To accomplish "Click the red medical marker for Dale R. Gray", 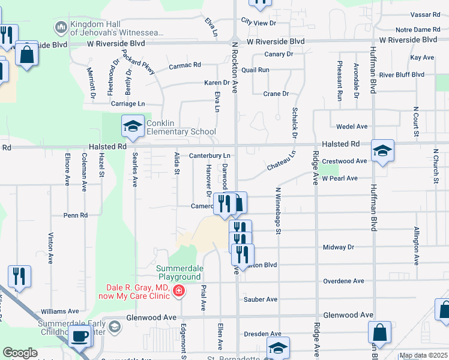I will click(x=178, y=291).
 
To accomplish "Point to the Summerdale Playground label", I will click(x=179, y=272).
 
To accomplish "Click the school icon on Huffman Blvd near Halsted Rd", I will click(x=382, y=151).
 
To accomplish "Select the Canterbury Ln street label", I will click(x=210, y=156).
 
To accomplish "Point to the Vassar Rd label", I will click(x=427, y=14).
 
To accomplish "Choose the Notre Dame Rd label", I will click(x=418, y=29).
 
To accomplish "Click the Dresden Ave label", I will click(x=263, y=334).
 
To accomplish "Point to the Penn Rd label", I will click(x=76, y=215).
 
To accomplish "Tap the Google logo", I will click(x=20, y=353).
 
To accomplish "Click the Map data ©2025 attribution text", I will click(x=423, y=355).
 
